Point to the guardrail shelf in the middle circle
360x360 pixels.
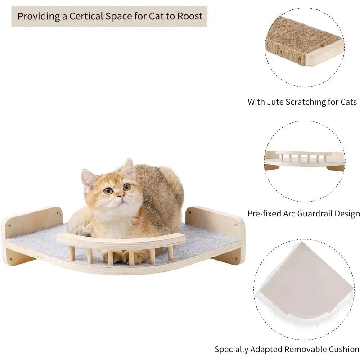pyautogui.click(x=304, y=158)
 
